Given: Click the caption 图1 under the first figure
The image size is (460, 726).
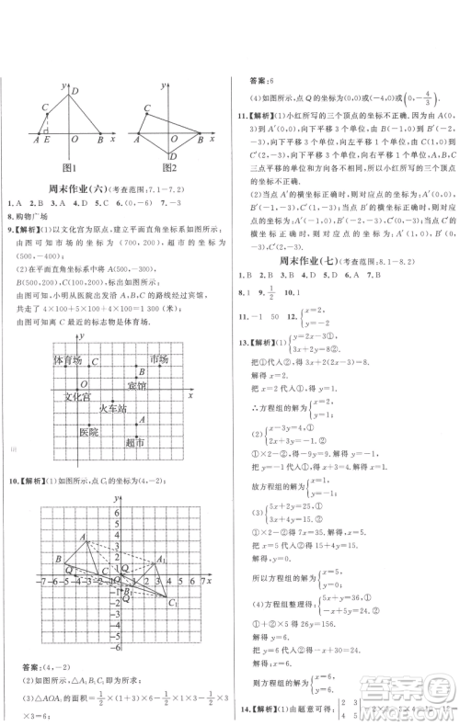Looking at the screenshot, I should click(69, 166).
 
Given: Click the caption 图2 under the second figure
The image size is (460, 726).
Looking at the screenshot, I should click(167, 166).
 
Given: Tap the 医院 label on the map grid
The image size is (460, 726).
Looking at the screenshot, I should click(88, 430).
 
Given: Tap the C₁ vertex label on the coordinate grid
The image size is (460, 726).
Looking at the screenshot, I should click(173, 603).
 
